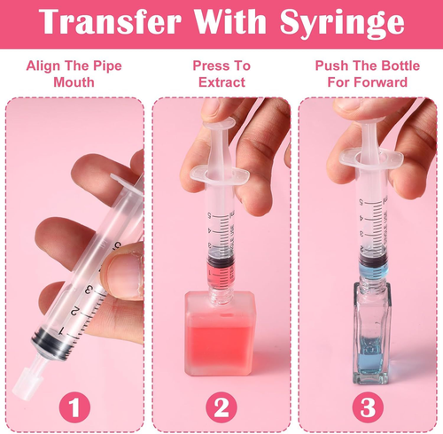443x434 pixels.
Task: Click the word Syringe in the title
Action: pyautogui.click(x=342, y=23)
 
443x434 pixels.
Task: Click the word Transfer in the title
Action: pyautogui.click(x=110, y=20)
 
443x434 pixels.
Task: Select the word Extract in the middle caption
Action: pyautogui.click(x=221, y=82)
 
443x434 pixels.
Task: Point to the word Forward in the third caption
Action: pyautogui.click(x=382, y=82)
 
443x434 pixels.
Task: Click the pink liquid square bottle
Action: pyautogui.click(x=220, y=334)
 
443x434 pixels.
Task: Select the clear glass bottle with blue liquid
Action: pyautogui.click(x=371, y=334)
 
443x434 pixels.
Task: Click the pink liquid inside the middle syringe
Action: pyautogui.click(x=219, y=274)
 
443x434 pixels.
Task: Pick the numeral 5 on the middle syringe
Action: pyautogui.click(x=210, y=216)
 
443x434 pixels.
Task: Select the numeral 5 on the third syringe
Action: pyautogui.click(x=361, y=202)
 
